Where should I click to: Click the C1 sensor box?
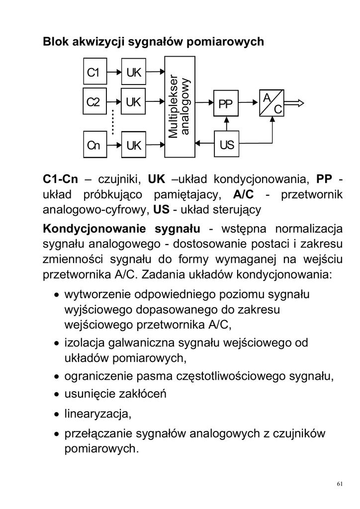tap(93, 73)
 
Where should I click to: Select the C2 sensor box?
tap(93, 103)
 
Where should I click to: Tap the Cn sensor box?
tap(93, 145)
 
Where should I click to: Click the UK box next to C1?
tap(133, 73)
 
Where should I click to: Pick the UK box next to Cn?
tap(133, 145)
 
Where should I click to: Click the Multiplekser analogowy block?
tap(180, 107)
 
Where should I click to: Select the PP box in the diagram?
tap(225, 104)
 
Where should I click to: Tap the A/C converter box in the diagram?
tap(271, 103)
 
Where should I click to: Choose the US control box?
tap(226, 145)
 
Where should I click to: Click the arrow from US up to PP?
tap(226, 124)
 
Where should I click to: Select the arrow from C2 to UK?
tap(114, 103)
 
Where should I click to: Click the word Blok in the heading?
tap(54, 42)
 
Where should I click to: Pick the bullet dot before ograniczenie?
tap(58, 377)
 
